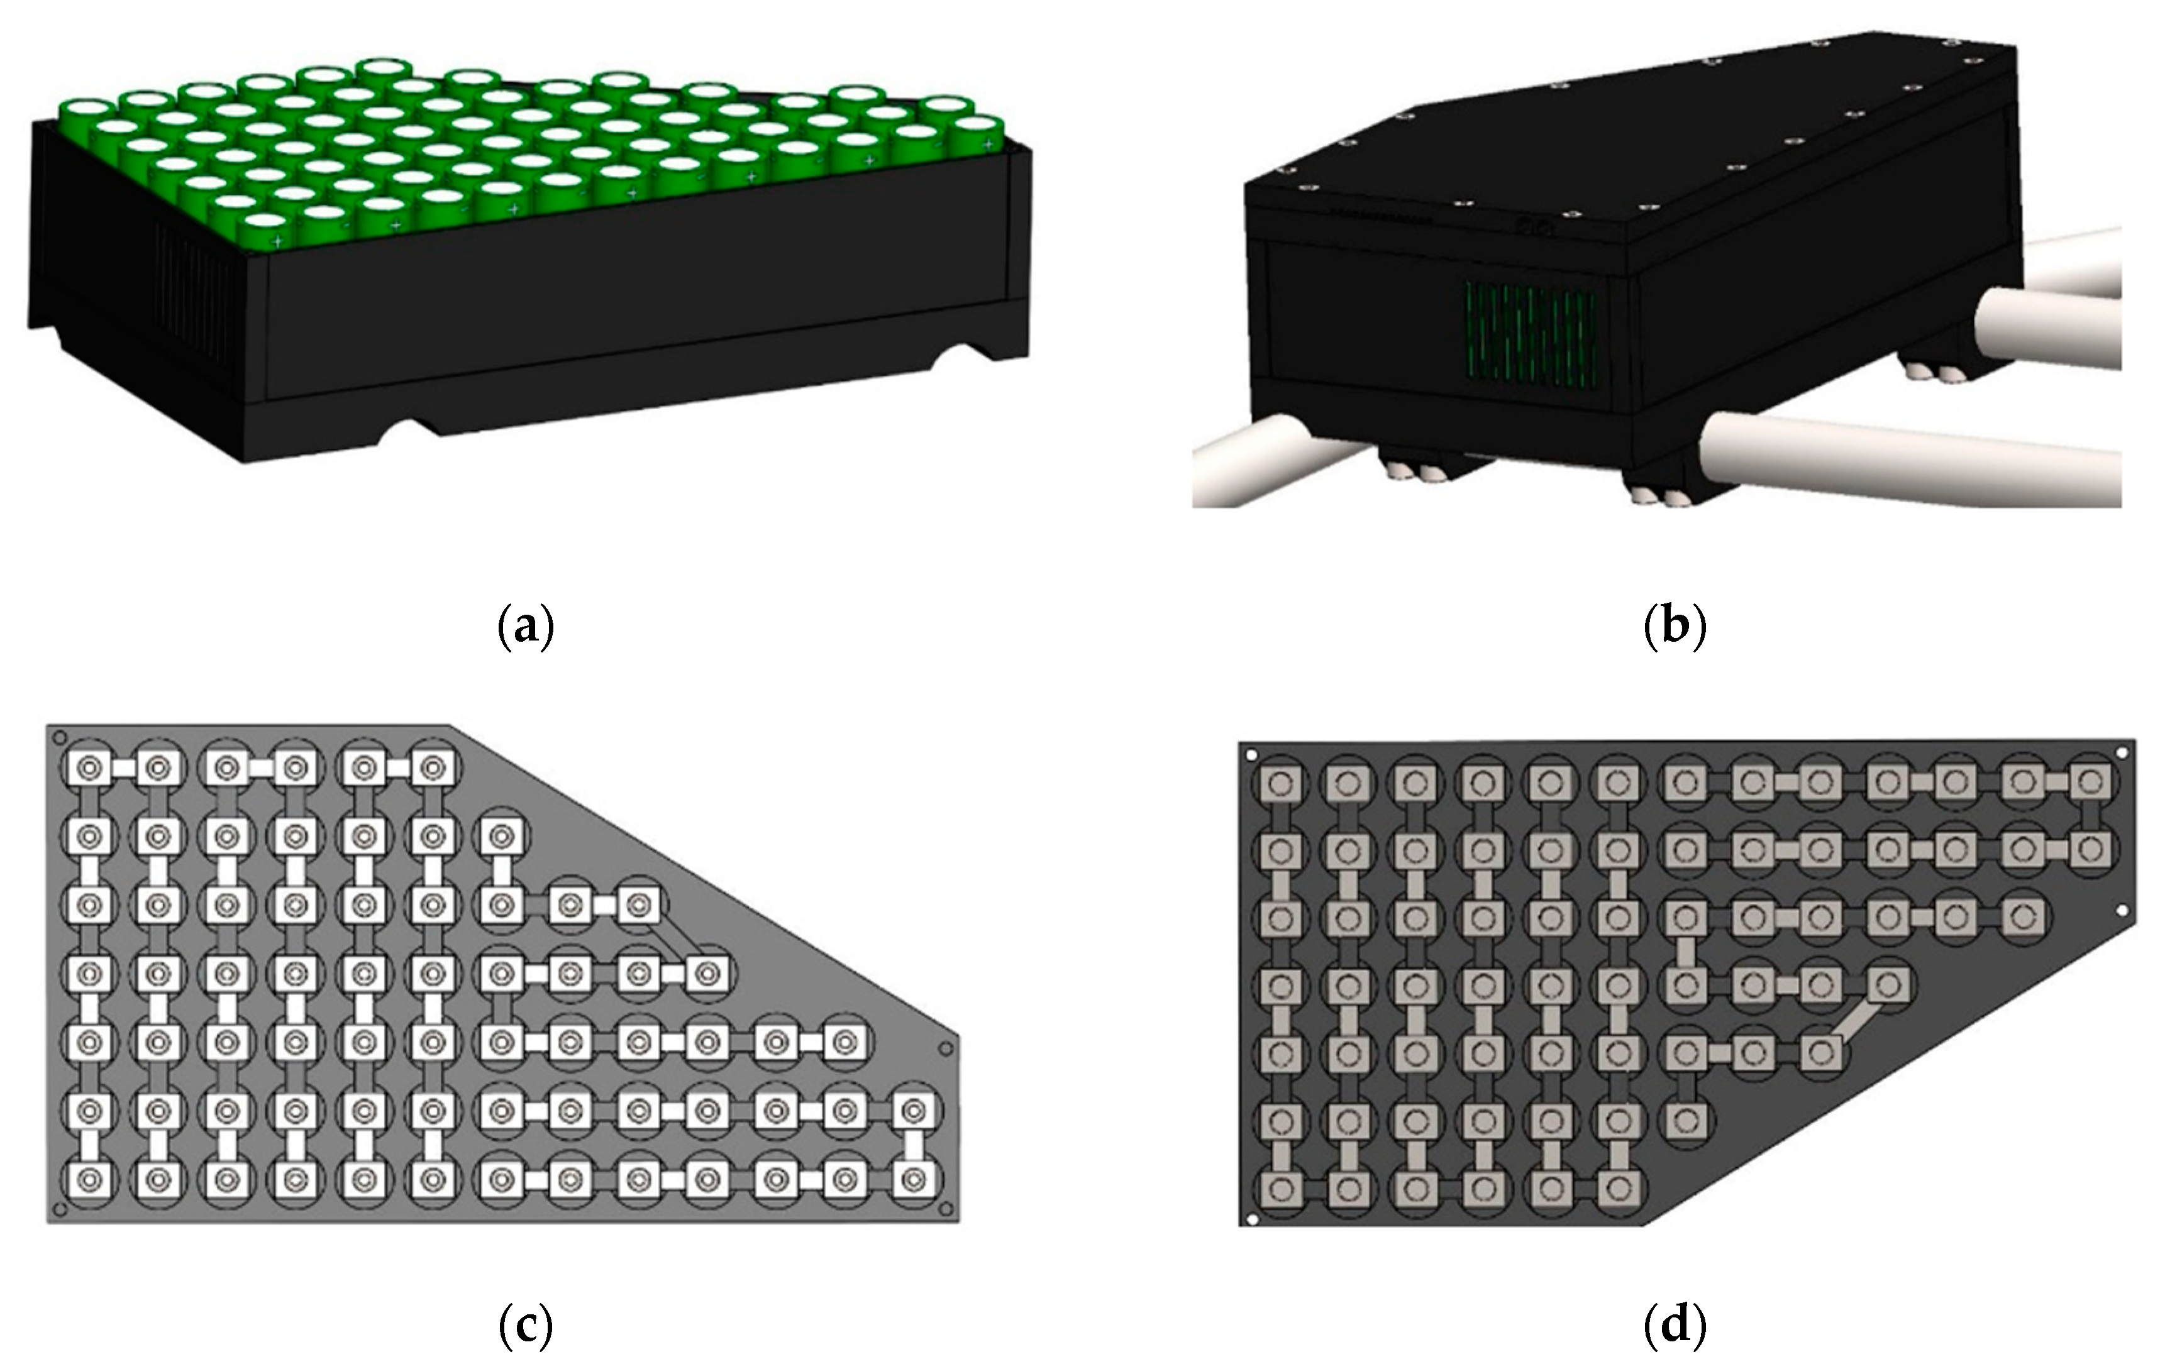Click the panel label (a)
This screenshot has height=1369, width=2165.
click(526, 627)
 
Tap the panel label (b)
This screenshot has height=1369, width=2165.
click(1674, 627)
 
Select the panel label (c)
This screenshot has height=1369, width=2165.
click(526, 1326)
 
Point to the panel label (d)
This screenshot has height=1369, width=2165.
click(1674, 1326)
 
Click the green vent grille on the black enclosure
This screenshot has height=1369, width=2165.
click(1531, 331)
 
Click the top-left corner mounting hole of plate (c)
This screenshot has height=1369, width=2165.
click(59, 737)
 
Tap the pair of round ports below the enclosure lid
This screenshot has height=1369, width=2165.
click(1536, 230)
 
